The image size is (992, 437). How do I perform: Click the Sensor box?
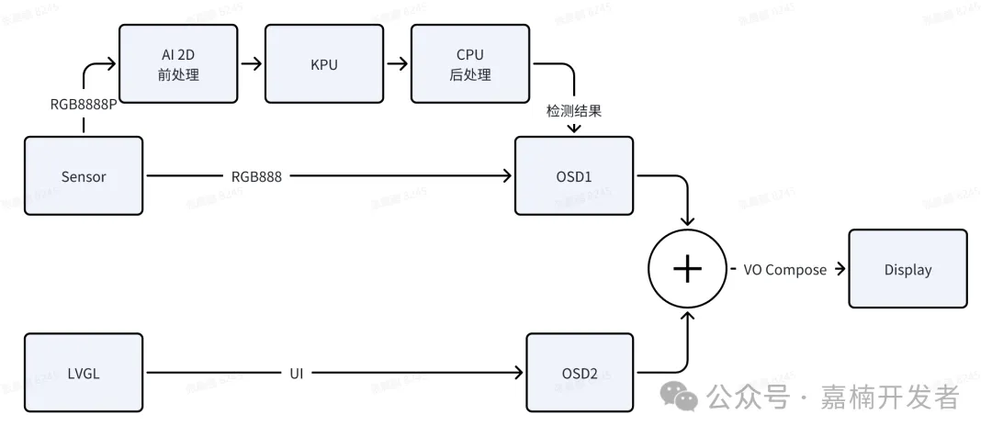coord(84,176)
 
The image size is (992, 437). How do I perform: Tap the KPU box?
coord(323,64)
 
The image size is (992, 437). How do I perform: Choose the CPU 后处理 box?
coord(469,64)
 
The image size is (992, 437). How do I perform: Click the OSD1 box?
coord(574,176)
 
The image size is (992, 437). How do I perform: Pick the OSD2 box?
coord(580,373)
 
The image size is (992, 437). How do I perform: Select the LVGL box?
coord(84,373)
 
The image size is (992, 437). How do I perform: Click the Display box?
coord(907,269)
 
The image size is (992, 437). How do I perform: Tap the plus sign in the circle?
coord(688,268)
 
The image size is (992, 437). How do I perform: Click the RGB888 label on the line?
coord(256,176)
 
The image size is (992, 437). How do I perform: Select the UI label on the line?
coord(297,373)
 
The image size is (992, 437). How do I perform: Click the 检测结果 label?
coord(574,110)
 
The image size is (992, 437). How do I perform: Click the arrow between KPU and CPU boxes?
coord(397,64)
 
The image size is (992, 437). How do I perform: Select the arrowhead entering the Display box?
coord(840,269)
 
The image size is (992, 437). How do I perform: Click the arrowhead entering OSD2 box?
coord(519,373)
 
